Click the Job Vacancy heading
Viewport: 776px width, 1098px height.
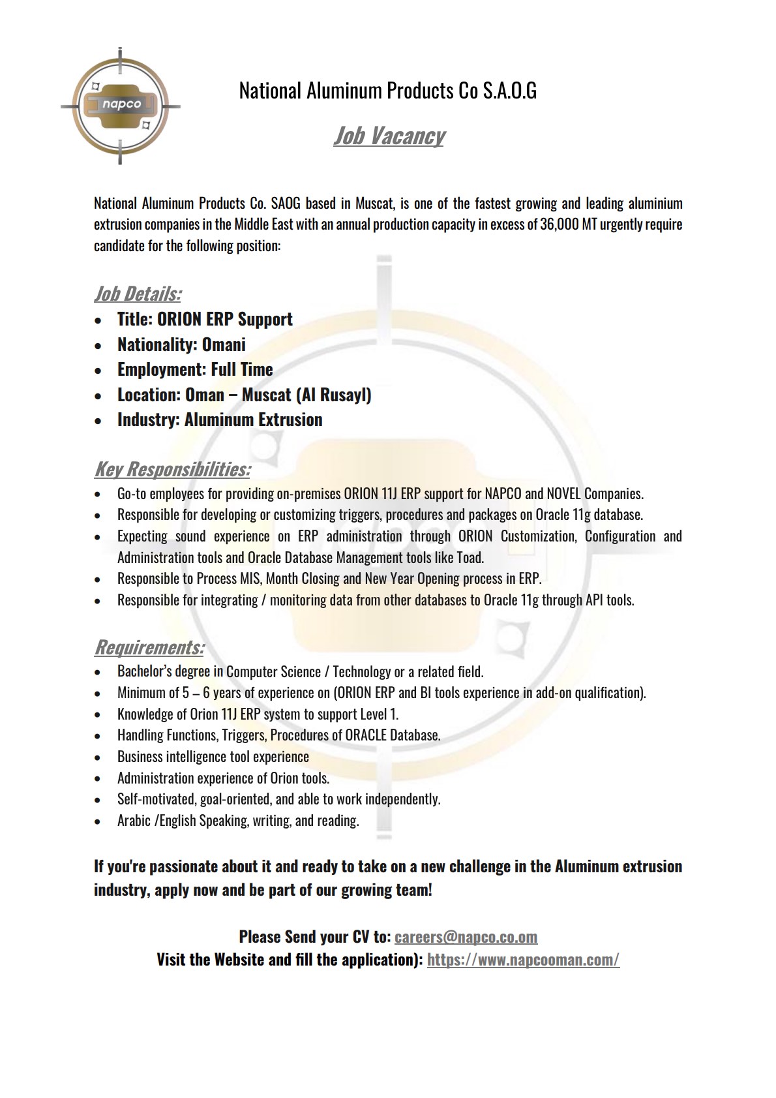(389, 136)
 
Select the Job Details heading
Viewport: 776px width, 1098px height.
(138, 294)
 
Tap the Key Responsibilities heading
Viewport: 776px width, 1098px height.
(172, 469)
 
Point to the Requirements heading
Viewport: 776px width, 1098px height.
(149, 647)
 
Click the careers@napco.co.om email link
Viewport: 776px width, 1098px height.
(466, 937)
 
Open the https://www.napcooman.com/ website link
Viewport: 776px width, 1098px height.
(523, 960)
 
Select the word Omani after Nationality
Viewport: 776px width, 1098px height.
(224, 344)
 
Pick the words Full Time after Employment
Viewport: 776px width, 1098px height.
(242, 369)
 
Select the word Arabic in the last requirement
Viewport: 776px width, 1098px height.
(134, 820)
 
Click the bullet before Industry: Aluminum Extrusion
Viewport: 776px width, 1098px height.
(98, 421)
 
